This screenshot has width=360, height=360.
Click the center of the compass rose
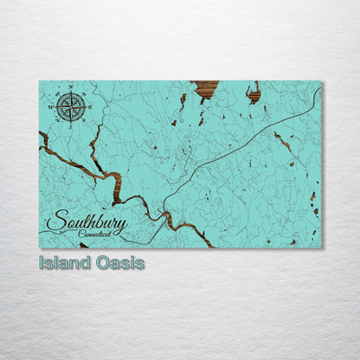(70, 106)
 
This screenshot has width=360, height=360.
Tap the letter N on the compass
(70, 87)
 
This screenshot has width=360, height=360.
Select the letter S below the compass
(70, 126)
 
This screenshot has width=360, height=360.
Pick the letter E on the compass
(89, 106)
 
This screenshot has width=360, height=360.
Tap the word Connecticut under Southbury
(93, 235)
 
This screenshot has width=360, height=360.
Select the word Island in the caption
(65, 263)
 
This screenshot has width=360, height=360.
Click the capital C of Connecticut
(80, 235)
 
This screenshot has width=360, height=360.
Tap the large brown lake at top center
(206, 87)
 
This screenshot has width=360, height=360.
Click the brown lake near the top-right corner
(254, 93)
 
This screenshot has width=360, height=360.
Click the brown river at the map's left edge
(43, 138)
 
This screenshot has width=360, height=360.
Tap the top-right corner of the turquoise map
(321, 81)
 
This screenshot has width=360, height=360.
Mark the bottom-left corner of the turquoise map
(40, 247)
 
